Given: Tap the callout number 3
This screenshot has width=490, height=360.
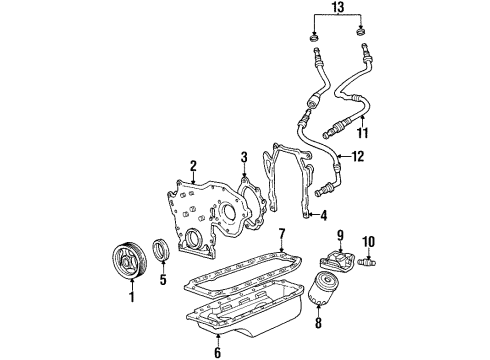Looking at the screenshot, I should tap(243, 157).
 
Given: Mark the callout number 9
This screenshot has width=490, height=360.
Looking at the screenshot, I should tap(340, 235).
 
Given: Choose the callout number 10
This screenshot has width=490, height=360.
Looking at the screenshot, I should tap(367, 240).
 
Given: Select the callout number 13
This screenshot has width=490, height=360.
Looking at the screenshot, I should tap(334, 10).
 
